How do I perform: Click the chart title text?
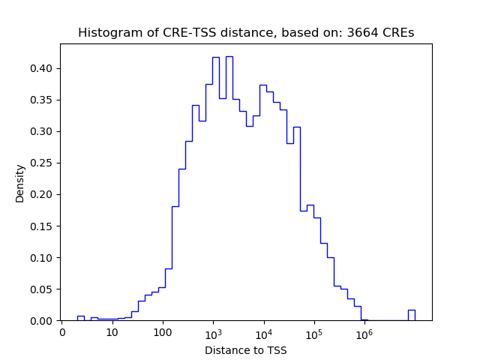coord(246,33)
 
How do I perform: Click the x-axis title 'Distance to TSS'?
coord(246,349)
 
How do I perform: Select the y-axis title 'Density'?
coord(19,183)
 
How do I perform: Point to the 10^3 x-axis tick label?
coord(213,332)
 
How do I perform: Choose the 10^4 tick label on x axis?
coord(263,332)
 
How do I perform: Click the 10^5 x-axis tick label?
coord(313,332)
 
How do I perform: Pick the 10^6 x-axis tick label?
coord(364,332)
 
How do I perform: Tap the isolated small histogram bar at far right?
coord(411,315)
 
